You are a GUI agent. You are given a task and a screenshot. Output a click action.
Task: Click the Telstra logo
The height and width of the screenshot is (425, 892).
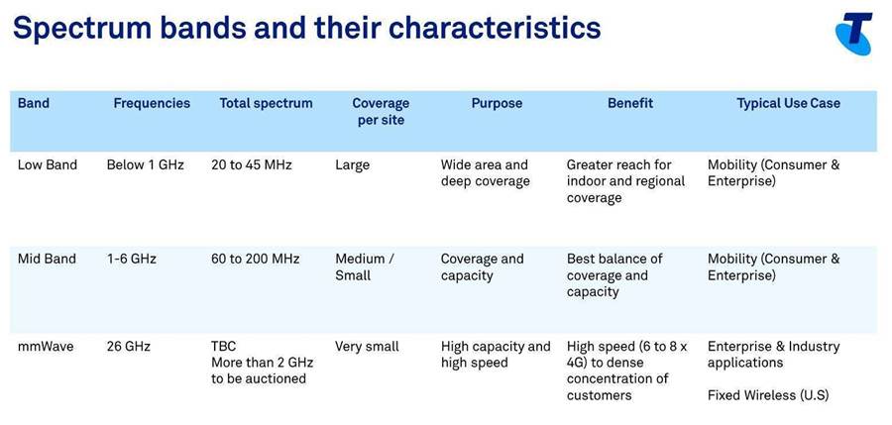[x=854, y=34]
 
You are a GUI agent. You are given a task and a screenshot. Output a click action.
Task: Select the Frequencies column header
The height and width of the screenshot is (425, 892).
[x=152, y=103]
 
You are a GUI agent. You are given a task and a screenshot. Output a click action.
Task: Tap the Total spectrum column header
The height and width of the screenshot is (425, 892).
[x=267, y=103]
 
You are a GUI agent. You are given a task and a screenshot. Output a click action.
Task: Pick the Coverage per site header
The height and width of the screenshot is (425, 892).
[x=381, y=112]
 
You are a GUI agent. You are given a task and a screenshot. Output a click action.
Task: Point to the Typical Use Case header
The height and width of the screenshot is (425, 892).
[x=789, y=103]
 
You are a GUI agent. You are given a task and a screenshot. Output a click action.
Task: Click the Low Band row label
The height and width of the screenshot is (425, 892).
[x=48, y=165]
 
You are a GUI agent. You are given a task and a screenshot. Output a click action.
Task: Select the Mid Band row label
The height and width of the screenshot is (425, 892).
[x=47, y=259]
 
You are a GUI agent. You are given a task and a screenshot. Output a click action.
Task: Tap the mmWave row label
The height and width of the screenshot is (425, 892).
[x=46, y=346]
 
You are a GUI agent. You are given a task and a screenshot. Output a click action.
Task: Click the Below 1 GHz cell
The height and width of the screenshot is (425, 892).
[x=145, y=165]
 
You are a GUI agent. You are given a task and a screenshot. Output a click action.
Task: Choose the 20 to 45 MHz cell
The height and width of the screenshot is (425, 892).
[x=252, y=165]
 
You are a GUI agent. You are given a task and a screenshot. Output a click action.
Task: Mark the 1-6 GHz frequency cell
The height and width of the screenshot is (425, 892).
[x=132, y=259]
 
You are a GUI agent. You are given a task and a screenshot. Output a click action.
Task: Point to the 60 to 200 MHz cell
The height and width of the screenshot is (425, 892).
[x=256, y=259]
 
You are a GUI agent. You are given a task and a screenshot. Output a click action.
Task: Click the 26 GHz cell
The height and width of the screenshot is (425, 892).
[x=129, y=346]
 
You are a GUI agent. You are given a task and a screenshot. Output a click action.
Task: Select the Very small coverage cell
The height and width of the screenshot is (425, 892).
[x=367, y=347]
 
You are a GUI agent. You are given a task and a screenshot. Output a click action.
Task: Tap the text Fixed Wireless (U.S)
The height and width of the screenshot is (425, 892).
[x=768, y=395]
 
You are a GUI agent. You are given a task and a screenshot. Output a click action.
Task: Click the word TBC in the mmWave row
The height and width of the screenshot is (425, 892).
[x=224, y=346]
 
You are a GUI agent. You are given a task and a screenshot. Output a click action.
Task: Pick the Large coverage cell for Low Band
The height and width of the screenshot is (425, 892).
[x=352, y=165]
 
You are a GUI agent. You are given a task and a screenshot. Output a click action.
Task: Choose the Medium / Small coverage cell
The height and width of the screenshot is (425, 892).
[x=364, y=266]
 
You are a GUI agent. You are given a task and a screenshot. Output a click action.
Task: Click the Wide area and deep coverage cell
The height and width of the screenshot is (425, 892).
[x=486, y=173]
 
